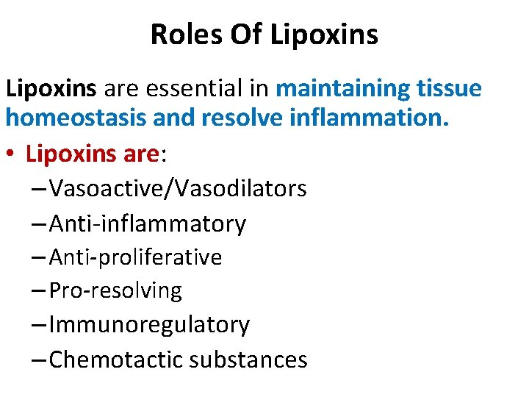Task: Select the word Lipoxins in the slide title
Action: [x=325, y=34]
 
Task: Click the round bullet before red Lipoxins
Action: [x=12, y=155]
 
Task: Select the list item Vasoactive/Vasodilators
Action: [x=178, y=188]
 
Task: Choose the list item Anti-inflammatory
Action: [x=148, y=223]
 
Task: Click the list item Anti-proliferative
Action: [x=135, y=257]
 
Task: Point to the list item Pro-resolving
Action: [x=115, y=290]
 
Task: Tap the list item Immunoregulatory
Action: [x=149, y=324]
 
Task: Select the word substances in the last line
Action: [x=248, y=359]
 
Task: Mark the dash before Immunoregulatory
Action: [x=40, y=325]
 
